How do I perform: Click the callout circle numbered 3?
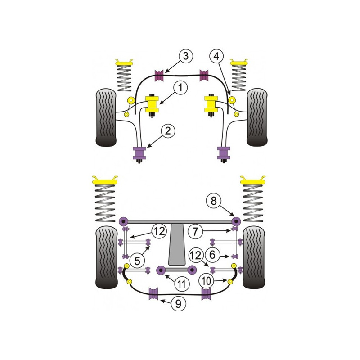click(x=185, y=56)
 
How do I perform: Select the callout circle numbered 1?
click(x=180, y=88)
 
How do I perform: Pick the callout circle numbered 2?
click(x=168, y=131)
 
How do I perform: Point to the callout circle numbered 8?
click(x=213, y=201)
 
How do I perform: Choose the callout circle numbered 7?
click(x=195, y=231)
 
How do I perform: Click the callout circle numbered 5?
click(x=137, y=261)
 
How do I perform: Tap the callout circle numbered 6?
click(x=212, y=255)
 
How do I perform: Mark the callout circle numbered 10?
click(x=207, y=280)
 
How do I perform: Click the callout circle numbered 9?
click(x=178, y=304)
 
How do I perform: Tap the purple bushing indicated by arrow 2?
click(x=139, y=153)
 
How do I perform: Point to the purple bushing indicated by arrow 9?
click(x=153, y=293)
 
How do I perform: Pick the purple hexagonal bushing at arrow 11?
click(x=161, y=270)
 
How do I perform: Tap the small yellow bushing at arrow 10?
click(x=230, y=281)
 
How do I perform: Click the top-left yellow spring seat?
click(x=125, y=63)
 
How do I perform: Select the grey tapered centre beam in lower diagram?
click(x=177, y=244)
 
